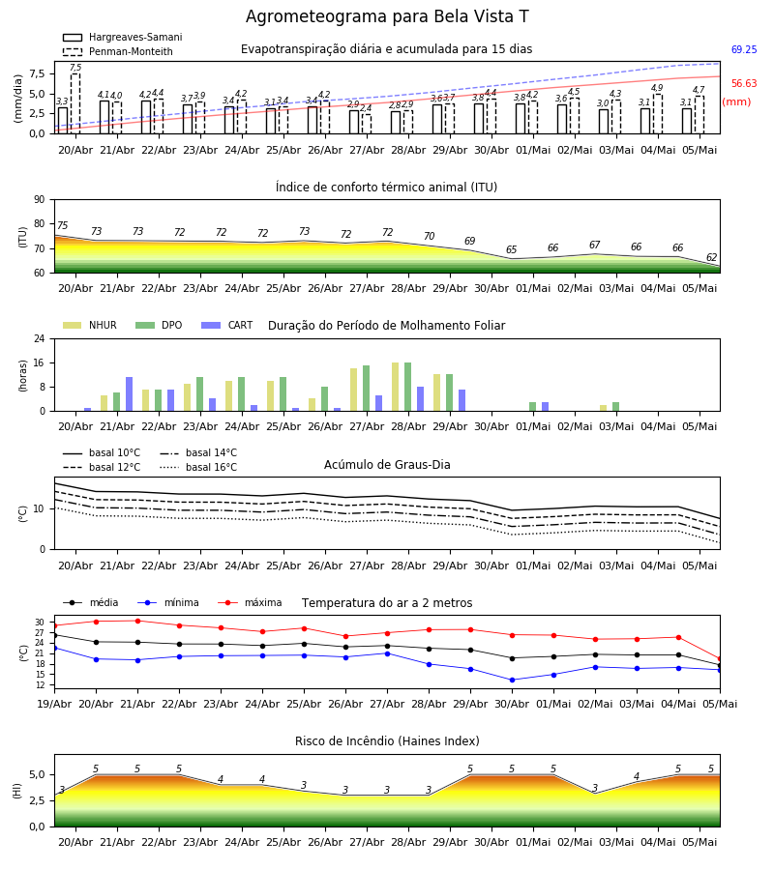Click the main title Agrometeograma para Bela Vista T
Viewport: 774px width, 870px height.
[387, 16]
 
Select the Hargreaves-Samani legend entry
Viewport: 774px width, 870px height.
[122, 37]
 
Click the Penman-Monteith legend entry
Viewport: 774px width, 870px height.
[118, 51]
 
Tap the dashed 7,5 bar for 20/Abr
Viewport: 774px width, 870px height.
[75, 103]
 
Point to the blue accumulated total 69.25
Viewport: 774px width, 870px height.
[744, 49]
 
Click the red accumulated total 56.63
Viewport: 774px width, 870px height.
[744, 83]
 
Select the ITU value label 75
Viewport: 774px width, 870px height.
[62, 225]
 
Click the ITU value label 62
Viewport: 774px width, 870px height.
[711, 257]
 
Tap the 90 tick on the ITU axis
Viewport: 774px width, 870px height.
[40, 200]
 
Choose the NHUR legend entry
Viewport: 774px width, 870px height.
[90, 325]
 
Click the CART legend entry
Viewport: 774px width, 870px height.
[227, 325]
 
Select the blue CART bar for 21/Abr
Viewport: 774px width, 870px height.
[130, 394]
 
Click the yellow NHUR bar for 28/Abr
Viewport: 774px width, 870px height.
[396, 388]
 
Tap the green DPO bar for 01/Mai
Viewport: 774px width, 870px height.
[532, 407]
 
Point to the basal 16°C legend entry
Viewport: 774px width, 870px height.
[198, 467]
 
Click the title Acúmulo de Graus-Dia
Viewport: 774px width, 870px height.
[387, 465]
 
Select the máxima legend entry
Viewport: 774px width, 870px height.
[251, 602]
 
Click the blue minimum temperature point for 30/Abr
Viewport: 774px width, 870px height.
[512, 680]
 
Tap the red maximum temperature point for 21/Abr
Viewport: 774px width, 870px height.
[137, 621]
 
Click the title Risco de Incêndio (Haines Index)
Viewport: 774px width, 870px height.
[387, 741]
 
